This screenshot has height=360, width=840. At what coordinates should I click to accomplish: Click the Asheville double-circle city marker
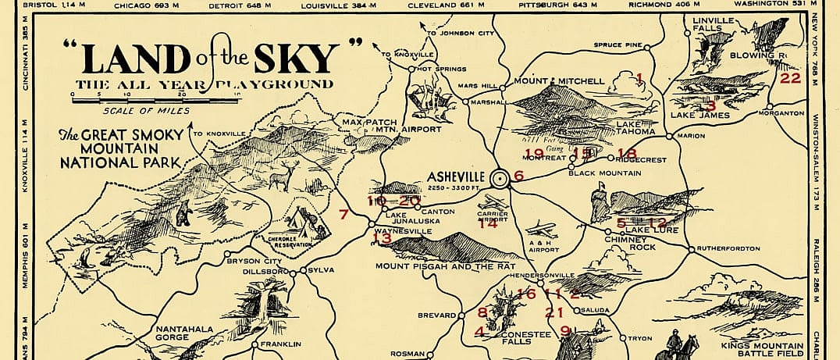click(498, 179)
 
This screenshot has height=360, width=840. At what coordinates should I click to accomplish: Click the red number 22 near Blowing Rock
click(790, 78)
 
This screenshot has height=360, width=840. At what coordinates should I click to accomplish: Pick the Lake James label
click(700, 116)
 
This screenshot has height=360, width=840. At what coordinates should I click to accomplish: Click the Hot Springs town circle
click(411, 70)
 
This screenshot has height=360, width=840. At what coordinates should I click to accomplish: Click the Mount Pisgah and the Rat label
click(442, 267)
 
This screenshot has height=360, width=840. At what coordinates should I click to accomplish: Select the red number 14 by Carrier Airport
click(488, 224)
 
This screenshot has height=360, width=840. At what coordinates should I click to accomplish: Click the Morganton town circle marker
click(770, 106)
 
